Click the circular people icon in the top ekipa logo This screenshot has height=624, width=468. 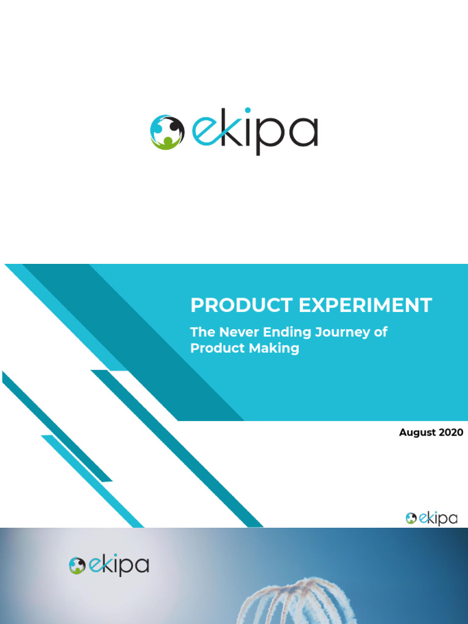pyautogui.click(x=167, y=132)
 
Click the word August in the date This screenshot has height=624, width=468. pyautogui.click(x=417, y=433)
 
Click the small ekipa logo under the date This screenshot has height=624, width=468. pyautogui.click(x=431, y=519)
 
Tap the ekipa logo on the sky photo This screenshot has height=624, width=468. pyautogui.click(x=109, y=565)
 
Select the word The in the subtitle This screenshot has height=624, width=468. pyautogui.click(x=201, y=333)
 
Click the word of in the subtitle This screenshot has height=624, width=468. pyautogui.click(x=381, y=333)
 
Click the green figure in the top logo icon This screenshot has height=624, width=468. pyautogui.click(x=168, y=142)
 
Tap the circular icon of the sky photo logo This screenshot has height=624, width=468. pyautogui.click(x=77, y=566)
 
